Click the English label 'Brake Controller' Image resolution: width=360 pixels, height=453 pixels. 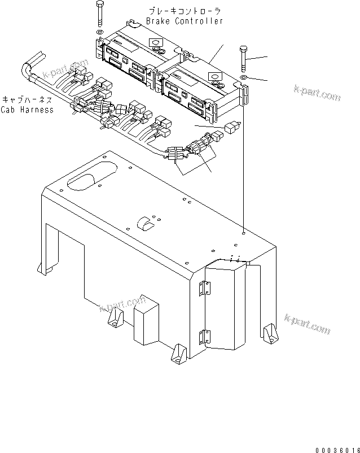185,21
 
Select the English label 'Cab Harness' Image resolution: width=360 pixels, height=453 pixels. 27,110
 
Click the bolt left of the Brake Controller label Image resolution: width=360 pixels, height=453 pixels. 100,15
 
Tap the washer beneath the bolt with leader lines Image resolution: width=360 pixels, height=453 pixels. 243,77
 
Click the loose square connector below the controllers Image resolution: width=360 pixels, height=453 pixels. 230,128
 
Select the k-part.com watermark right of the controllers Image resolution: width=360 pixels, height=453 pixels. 317,93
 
